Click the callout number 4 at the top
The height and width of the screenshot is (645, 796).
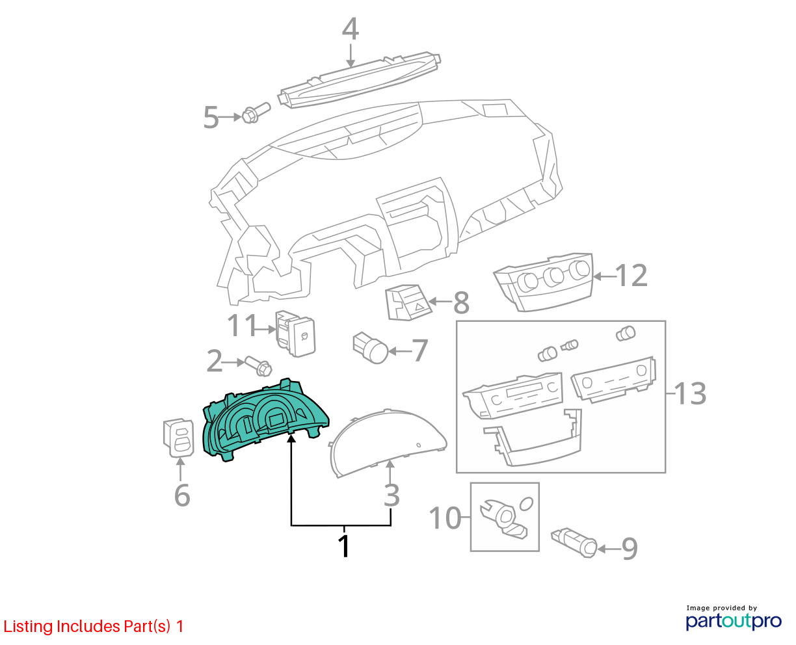350,29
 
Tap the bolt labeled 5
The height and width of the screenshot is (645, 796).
256,112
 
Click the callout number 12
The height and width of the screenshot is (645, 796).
631,276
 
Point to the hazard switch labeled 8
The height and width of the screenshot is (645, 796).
408,302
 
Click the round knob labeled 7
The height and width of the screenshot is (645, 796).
370,347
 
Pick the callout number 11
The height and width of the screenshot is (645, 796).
242,325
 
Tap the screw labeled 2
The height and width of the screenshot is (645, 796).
258,366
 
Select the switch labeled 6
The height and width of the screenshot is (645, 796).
179,438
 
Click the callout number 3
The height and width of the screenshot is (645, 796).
391,495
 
